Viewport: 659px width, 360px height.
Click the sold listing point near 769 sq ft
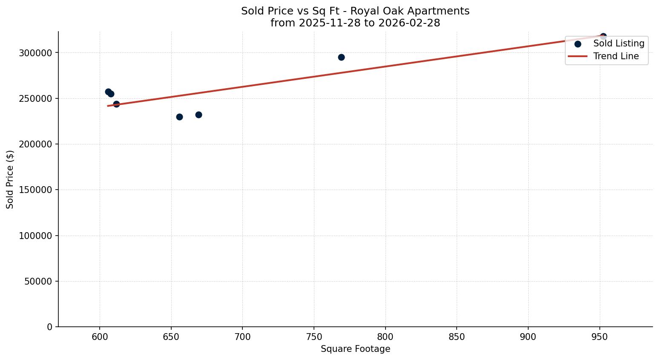tap(341, 57)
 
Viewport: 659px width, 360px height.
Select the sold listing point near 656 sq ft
tap(179, 117)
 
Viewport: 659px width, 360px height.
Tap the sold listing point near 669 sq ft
tap(199, 115)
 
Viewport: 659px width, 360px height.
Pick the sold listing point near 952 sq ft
tap(603, 37)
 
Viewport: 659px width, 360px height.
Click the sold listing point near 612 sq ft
tap(116, 104)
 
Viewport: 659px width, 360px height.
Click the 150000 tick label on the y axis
tap(35, 190)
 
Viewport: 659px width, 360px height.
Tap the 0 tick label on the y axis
tap(50, 327)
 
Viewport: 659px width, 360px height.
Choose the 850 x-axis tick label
tap(457, 337)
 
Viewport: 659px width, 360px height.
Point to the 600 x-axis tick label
tap(100, 337)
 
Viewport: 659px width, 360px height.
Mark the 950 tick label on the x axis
tap(600, 337)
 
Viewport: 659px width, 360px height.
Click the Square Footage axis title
tap(355, 349)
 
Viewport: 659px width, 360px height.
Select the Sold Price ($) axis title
tap(10, 179)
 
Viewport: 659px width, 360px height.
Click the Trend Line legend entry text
tap(616, 56)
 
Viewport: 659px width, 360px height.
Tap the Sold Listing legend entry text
tap(619, 43)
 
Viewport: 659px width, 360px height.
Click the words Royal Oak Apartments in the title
tap(410, 11)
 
